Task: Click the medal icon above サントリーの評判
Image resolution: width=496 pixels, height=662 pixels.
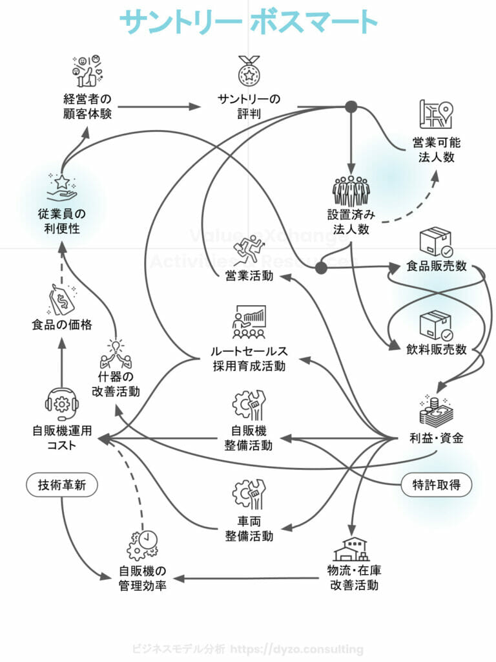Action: click(248, 70)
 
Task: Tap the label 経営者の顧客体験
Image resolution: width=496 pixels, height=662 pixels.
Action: click(88, 107)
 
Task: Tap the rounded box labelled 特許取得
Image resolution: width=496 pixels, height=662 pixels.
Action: click(437, 485)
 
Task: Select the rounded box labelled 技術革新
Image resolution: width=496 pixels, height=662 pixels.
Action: click(62, 485)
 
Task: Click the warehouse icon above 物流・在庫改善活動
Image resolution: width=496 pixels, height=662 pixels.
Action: click(351, 550)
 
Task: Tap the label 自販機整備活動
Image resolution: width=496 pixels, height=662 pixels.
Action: click(249, 438)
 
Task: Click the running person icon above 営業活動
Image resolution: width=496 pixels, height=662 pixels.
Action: click(249, 251)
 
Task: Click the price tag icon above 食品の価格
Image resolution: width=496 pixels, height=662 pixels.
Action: click(62, 299)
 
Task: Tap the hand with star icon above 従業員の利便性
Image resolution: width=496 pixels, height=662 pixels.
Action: click(62, 187)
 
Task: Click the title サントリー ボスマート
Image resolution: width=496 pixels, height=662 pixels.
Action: click(248, 21)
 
